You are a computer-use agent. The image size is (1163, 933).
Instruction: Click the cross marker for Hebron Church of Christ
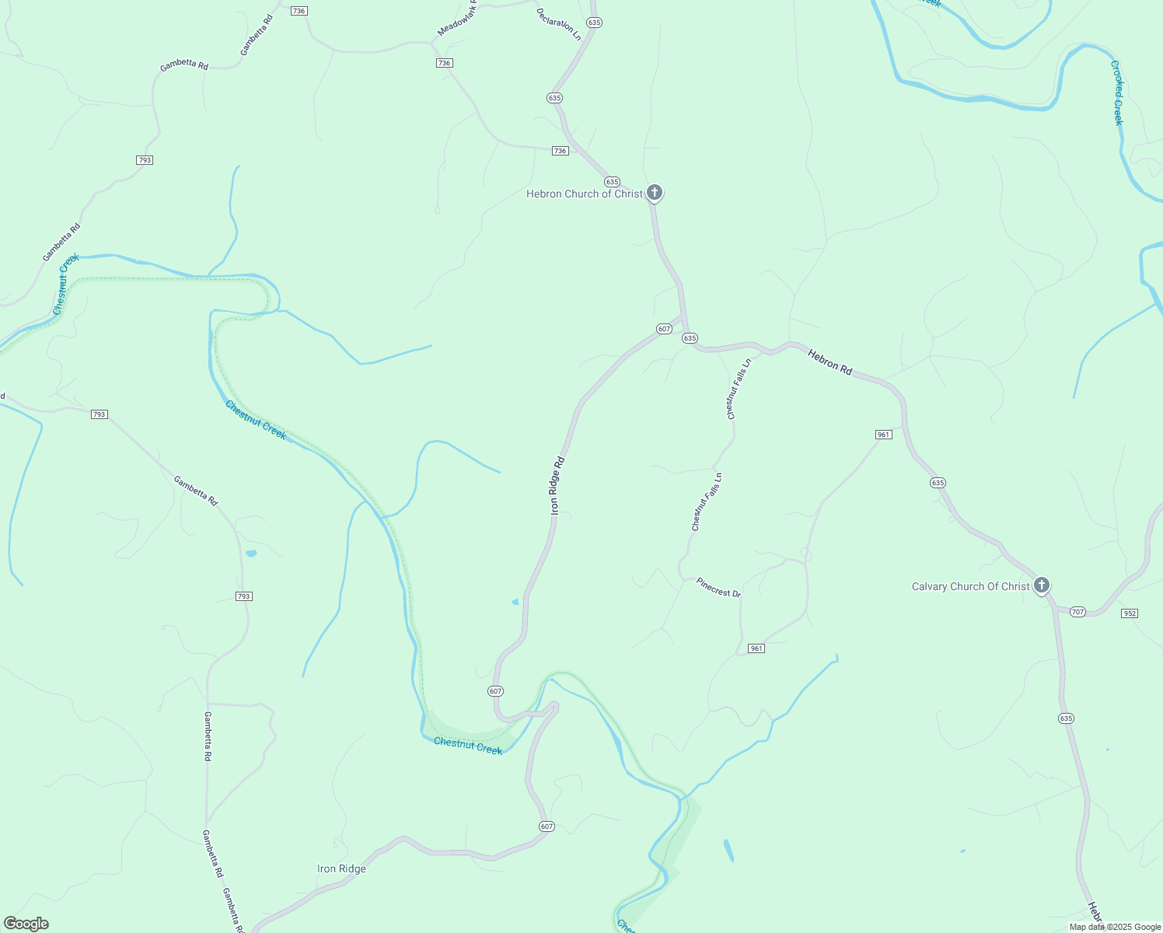pos(655,192)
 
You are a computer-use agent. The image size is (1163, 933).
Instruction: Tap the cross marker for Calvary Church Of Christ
pos(1042,585)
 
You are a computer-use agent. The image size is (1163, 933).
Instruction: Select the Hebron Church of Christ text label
pos(585,194)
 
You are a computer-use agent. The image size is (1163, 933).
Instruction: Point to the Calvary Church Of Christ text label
pos(970,587)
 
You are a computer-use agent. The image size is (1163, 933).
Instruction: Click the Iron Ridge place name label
pos(341,868)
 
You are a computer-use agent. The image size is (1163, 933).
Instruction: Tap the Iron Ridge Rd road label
pos(557,485)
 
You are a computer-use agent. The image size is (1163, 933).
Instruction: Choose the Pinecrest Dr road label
pos(718,588)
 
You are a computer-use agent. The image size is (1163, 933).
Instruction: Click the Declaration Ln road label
pos(559,24)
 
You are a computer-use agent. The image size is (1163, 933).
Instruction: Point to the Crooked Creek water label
pos(1117,93)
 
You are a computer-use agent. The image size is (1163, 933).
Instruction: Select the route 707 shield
pos(1077,612)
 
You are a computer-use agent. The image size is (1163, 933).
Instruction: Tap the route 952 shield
pos(1130,613)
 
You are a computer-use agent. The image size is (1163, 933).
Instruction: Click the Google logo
pos(26,924)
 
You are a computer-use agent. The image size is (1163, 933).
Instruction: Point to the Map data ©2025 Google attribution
pos(1115,927)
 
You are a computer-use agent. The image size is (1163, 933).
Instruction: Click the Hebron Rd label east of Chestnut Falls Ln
pos(829,362)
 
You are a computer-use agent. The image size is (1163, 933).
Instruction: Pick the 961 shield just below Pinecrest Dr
pos(756,648)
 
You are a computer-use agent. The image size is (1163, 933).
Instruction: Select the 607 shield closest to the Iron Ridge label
pos(547,826)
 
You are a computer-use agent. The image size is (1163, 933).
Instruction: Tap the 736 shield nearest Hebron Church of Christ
pos(561,151)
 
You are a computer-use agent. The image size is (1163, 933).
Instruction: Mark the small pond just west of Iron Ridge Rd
pos(515,602)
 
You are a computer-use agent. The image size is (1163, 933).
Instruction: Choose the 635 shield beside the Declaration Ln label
pos(594,23)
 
